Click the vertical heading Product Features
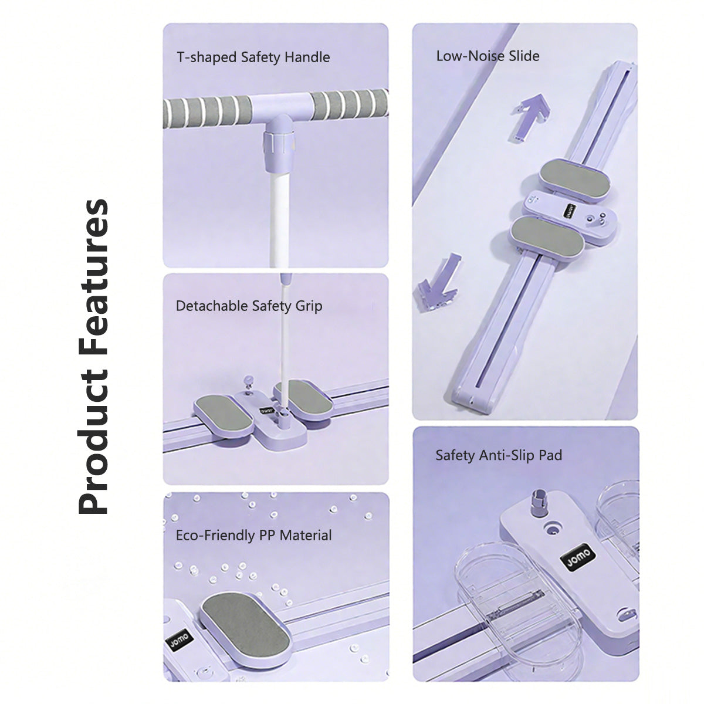point(93,357)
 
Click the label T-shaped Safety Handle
point(253,57)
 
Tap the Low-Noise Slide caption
point(488,56)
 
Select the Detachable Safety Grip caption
point(249,306)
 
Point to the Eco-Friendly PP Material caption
point(253,536)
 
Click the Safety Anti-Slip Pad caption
point(499,456)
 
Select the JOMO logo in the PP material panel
point(179,639)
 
